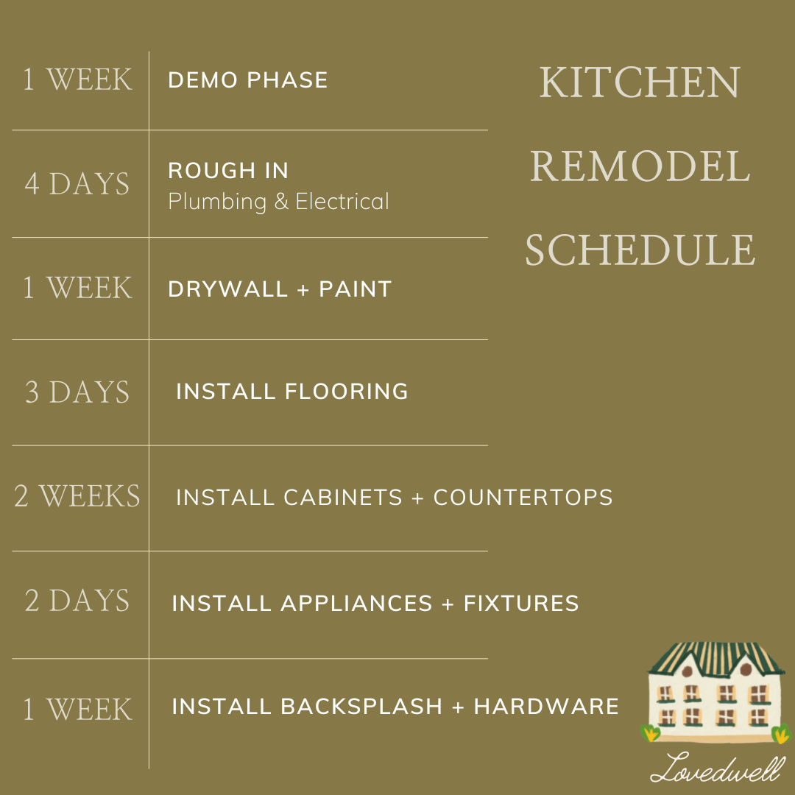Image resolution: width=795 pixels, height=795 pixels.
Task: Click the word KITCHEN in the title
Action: tap(639, 82)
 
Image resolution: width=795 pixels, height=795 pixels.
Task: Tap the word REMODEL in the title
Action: tap(640, 166)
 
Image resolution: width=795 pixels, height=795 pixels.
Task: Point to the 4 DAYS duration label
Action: tap(77, 184)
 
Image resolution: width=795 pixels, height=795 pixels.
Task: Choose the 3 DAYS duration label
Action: tap(77, 392)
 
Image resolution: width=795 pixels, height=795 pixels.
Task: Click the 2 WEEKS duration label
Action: tap(77, 497)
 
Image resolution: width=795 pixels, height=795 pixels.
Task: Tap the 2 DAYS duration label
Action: tap(77, 601)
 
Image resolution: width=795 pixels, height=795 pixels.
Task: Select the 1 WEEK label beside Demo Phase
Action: tap(77, 79)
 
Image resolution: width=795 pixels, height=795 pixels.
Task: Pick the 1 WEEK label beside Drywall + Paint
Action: tap(77, 288)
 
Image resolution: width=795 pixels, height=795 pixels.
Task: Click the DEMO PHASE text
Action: tap(248, 80)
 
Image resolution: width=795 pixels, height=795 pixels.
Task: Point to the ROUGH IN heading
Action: tap(228, 171)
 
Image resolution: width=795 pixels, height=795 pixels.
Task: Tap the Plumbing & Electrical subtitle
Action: tap(278, 202)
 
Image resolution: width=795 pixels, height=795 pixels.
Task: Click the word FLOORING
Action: tap(346, 392)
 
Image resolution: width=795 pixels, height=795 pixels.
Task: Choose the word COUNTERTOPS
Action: tap(523, 498)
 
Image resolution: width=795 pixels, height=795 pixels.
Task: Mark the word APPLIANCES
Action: tap(356, 604)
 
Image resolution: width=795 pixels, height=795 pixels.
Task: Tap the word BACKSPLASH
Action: tap(361, 707)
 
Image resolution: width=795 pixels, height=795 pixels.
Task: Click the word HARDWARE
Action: tap(546, 707)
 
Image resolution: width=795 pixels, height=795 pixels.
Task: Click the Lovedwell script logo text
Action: tap(718, 768)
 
